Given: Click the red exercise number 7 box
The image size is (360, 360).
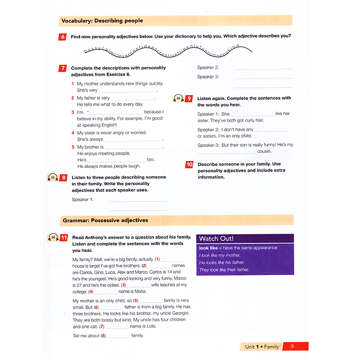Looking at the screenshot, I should [x=63, y=68].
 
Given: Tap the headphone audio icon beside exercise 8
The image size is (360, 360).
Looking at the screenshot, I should [x=53, y=178].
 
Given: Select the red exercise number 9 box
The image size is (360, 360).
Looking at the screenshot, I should [x=189, y=98].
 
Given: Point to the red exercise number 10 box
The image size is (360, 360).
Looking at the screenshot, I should [x=189, y=165].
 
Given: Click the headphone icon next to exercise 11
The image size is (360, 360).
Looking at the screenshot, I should [x=53, y=238].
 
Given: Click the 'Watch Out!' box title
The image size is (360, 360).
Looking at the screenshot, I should [x=216, y=239].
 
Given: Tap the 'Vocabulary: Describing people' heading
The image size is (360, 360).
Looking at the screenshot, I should [x=102, y=21].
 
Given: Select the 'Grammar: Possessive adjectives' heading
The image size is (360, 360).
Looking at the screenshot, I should [x=105, y=220].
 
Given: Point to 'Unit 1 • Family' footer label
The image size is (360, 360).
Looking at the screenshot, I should [x=262, y=346].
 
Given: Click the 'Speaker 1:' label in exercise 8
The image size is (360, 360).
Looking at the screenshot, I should [x=83, y=199].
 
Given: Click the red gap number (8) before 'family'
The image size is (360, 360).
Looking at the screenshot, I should [x=103, y=336].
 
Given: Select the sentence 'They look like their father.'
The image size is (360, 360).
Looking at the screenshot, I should [x=224, y=270].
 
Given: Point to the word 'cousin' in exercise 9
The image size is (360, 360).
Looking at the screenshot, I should [x=264, y=151].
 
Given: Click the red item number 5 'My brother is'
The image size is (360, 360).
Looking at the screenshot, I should [x=73, y=147].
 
